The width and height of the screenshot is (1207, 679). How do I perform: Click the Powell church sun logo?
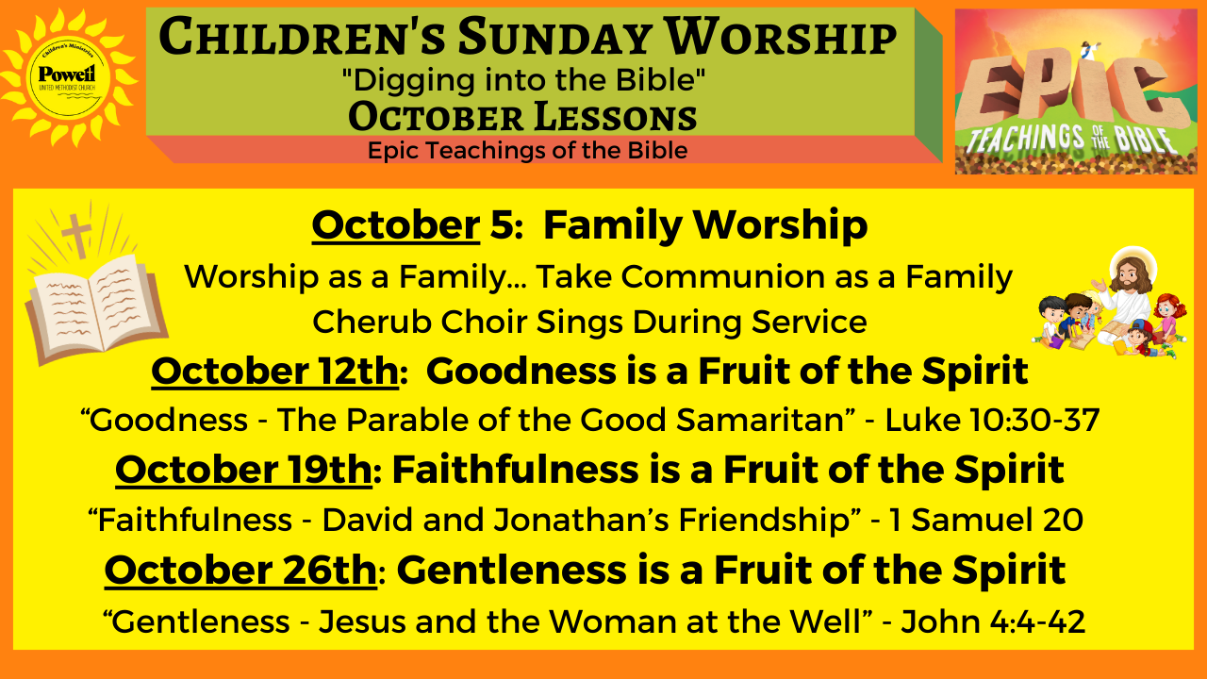69,78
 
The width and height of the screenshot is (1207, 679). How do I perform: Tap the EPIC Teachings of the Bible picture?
1076,91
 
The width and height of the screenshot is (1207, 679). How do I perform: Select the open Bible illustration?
97,307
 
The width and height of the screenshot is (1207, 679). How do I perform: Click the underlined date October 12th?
274,372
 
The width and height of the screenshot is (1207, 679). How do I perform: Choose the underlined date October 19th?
243,470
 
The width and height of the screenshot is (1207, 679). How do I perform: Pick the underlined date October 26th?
240,571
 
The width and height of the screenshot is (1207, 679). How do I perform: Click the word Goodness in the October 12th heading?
521,372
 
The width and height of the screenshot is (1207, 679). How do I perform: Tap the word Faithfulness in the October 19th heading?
515,470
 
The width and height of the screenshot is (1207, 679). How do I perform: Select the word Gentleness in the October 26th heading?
512,571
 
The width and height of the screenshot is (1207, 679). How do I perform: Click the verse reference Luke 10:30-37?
993,420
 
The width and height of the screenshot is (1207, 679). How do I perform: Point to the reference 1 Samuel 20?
986,520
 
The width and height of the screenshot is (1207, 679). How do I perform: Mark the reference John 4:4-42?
993,621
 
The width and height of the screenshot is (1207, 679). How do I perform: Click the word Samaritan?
760,420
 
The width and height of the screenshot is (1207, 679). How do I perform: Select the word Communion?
722,276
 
